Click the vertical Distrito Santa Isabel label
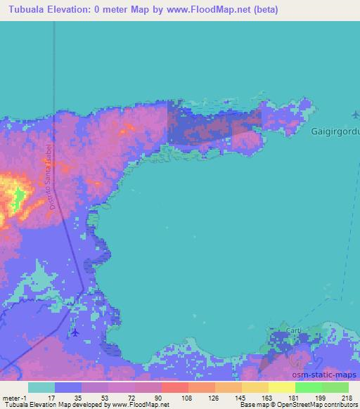click(50, 176)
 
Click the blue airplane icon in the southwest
click(75, 332)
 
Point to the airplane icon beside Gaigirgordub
click(354, 114)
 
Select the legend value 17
click(55, 397)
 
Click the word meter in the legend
click(9, 397)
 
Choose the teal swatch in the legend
click(41, 387)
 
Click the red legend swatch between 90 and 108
click(174, 387)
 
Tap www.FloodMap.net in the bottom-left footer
click(139, 405)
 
